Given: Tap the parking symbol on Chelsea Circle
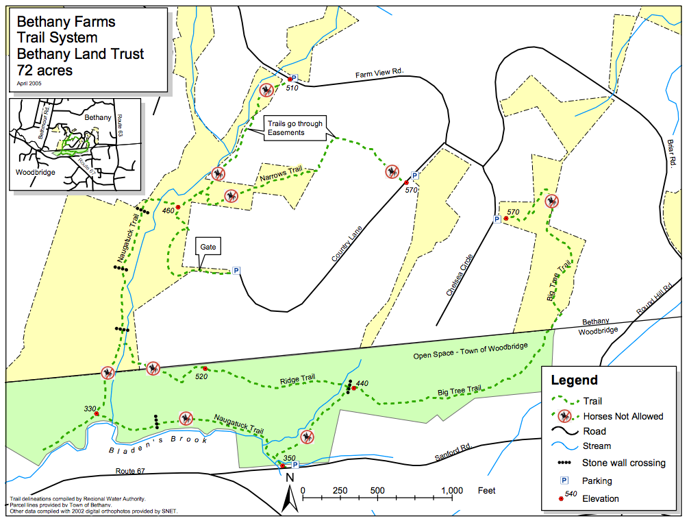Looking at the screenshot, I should click(497, 219).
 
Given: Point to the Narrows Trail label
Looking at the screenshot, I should click(281, 175).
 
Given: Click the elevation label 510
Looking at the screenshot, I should click(292, 88).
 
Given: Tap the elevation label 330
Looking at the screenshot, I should click(90, 409).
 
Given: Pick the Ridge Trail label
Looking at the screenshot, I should click(297, 378).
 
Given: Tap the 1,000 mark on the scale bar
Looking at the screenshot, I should click(451, 491).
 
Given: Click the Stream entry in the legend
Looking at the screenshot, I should click(597, 446).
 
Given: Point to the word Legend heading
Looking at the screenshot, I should click(574, 380).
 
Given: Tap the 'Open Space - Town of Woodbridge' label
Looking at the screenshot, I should click(470, 351).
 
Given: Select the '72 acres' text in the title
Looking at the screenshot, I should click(45, 69).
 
